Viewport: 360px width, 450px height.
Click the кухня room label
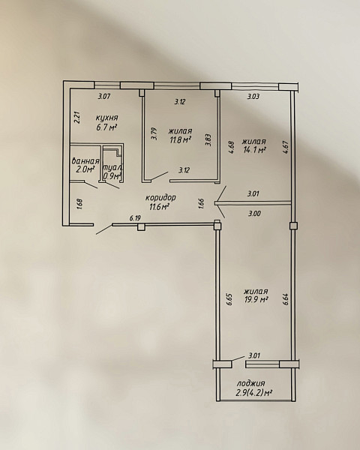(106, 118)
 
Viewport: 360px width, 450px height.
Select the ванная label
(85, 161)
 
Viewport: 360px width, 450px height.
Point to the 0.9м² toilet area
(112, 176)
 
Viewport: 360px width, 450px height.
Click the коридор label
(160, 198)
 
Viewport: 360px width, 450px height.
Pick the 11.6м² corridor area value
(159, 206)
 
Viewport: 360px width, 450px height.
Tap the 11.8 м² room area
(180, 140)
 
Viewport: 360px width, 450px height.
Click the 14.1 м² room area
(253, 150)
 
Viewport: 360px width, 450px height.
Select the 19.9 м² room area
(256, 300)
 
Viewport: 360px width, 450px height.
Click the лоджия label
(251, 384)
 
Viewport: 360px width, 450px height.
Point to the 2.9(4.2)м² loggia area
(253, 392)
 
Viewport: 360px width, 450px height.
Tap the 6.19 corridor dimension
(135, 218)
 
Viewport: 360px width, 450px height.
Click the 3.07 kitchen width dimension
(104, 97)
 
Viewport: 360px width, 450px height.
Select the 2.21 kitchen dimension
(77, 118)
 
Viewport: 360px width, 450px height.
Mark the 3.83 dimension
(208, 140)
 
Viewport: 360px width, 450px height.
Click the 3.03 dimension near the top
(253, 97)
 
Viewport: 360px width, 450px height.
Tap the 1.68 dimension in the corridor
(79, 204)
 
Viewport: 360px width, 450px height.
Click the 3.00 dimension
(254, 214)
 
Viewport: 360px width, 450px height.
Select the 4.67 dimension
(285, 147)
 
